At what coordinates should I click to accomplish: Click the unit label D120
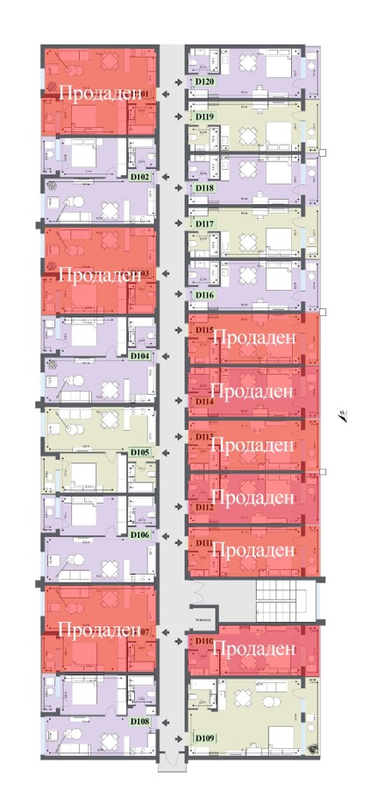click(x=205, y=82)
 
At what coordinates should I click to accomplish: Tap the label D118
click(x=205, y=188)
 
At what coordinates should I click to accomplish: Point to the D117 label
click(x=205, y=224)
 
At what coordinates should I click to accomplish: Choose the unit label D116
click(x=205, y=296)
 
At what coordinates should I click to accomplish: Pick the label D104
click(x=139, y=356)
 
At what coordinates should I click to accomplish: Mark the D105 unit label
click(x=139, y=453)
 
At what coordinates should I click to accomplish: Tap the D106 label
click(x=139, y=534)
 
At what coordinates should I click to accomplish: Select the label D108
click(x=139, y=723)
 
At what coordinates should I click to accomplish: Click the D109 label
click(x=205, y=737)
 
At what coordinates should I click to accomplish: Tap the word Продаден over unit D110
click(x=253, y=649)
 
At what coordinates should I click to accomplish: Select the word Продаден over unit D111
click(x=253, y=551)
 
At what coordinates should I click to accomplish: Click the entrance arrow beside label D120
click(x=180, y=82)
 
